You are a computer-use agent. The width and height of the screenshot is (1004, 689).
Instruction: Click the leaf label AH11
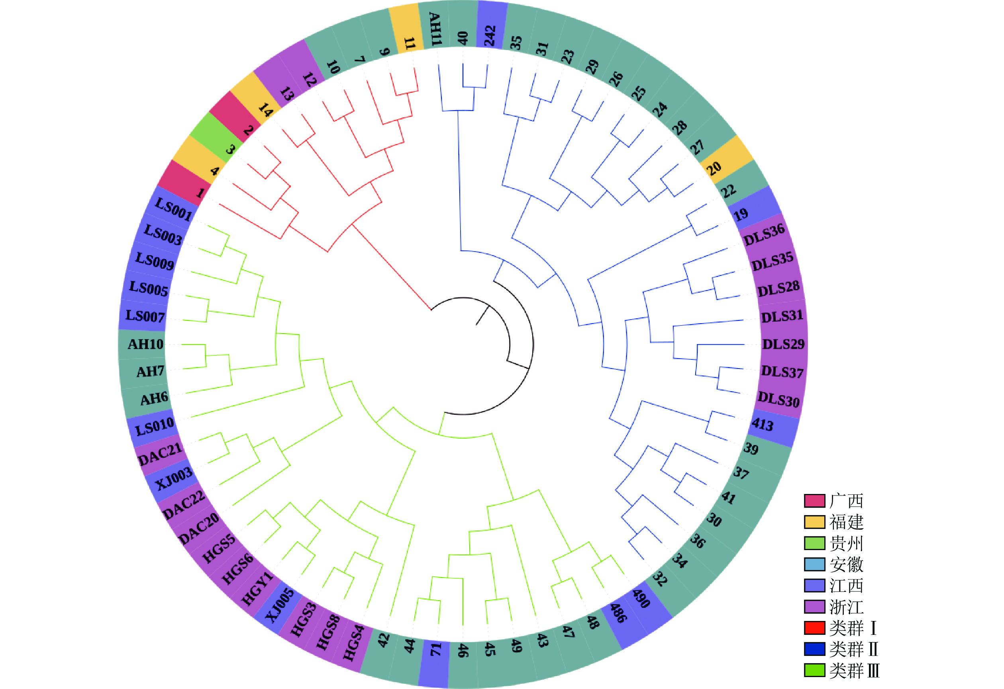click(435, 29)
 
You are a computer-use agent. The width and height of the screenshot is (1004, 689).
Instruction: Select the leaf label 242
click(490, 35)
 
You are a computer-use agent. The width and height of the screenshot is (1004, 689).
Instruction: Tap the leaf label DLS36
click(764, 234)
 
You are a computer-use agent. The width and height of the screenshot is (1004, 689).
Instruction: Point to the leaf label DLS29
click(783, 344)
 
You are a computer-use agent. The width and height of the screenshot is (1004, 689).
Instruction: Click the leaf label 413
click(763, 424)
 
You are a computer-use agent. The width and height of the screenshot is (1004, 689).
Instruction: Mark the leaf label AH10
click(145, 344)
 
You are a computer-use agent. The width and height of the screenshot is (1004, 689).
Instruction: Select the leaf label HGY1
click(257, 588)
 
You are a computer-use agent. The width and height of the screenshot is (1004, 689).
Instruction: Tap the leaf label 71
click(435, 649)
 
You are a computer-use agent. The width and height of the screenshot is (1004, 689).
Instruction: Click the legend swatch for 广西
click(814, 501)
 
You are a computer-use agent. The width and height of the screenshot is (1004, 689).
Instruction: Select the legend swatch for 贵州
click(814, 543)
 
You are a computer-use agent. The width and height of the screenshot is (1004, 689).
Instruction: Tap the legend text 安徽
click(846, 564)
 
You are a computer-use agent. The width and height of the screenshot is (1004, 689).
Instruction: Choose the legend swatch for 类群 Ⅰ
click(814, 628)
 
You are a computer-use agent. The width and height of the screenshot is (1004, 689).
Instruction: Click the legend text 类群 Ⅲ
click(854, 670)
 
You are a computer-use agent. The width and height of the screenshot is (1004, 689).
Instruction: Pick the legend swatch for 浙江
click(814, 607)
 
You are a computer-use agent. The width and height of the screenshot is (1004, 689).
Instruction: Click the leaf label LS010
click(155, 427)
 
